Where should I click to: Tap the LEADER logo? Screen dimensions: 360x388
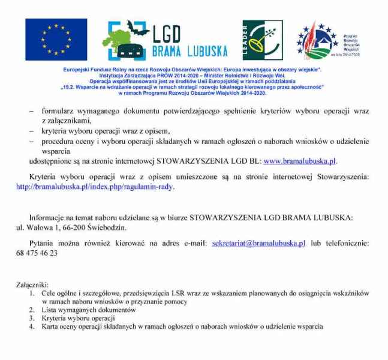[x=262, y=40]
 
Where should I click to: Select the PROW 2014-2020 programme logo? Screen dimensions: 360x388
[x=318, y=40]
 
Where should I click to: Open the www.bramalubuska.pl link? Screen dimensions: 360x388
[x=300, y=161]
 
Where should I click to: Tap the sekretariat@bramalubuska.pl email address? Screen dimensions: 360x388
[x=258, y=243]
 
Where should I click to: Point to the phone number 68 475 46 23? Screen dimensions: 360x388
[x=37, y=253]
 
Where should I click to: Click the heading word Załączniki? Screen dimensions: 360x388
[x=32, y=284]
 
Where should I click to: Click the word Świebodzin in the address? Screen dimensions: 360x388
[x=107, y=227]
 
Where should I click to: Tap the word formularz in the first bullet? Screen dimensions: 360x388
[x=58, y=112]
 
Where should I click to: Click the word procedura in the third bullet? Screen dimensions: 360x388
[x=58, y=141]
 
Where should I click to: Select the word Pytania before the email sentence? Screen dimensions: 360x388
[x=44, y=243]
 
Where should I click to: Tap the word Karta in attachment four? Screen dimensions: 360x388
[x=50, y=327]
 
